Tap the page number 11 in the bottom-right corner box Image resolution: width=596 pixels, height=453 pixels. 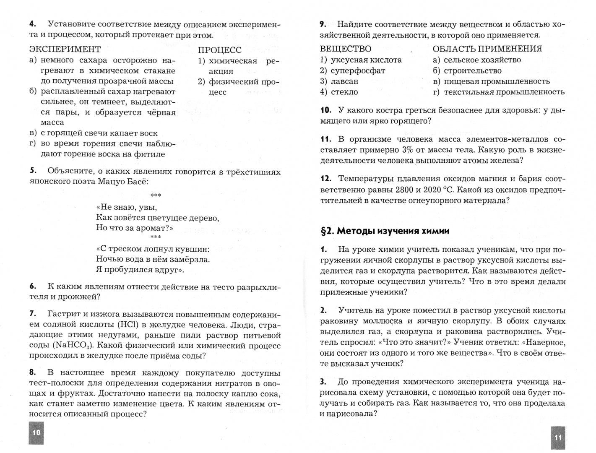[x=558, y=437]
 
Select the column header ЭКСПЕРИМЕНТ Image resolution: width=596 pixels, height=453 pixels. [x=65, y=49]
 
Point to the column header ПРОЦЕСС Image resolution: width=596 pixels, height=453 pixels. [x=219, y=50]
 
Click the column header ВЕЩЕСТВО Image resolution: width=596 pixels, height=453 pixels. [x=345, y=49]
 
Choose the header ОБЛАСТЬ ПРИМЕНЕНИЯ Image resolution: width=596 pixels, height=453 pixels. [x=487, y=49]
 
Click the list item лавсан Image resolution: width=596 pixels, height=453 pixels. [x=344, y=81]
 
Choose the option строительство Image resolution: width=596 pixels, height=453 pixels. [x=472, y=71]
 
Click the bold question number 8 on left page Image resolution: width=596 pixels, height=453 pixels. [x=33, y=372]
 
